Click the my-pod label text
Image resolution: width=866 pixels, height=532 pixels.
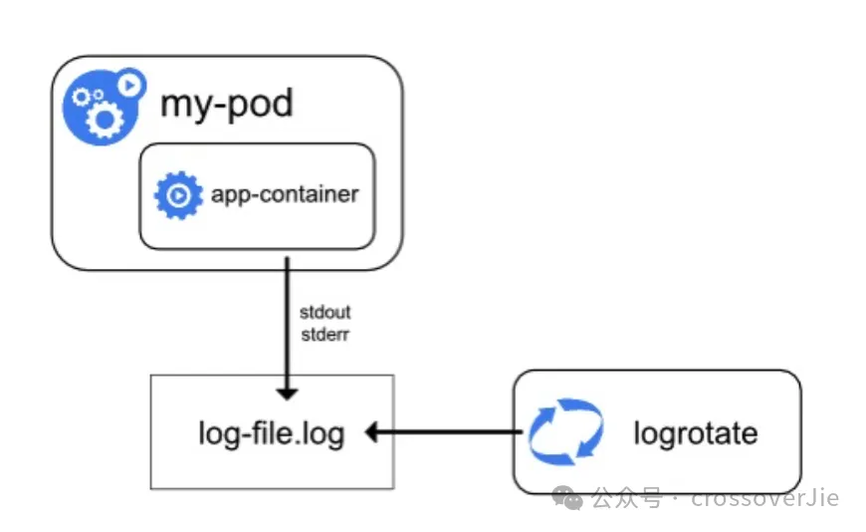click(226, 104)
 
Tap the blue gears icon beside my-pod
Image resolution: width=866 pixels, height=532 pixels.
click(104, 107)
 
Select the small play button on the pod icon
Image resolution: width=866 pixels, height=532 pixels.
click(130, 85)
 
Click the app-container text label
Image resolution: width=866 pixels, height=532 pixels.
click(285, 195)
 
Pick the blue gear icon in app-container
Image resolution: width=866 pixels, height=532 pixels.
click(178, 195)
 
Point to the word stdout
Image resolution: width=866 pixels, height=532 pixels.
click(325, 313)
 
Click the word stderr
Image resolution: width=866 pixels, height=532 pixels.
click(325, 335)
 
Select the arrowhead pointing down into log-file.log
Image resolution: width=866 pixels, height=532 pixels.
click(288, 394)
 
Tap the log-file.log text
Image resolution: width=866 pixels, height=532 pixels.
click(272, 434)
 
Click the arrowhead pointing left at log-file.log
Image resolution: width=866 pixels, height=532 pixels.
click(371, 432)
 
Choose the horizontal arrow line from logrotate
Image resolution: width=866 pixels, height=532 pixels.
click(444, 432)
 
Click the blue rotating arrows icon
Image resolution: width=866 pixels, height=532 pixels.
click(565, 432)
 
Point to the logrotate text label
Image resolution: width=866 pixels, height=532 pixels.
click(696, 433)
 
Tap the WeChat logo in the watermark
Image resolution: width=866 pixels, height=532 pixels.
click(567, 498)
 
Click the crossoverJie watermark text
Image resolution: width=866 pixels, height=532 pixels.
click(764, 498)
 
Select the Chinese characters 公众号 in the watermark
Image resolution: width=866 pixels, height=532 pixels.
click(626, 498)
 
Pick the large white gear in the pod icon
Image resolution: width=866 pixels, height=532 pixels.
click(105, 120)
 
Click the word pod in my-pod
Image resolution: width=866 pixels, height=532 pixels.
click(261, 105)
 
